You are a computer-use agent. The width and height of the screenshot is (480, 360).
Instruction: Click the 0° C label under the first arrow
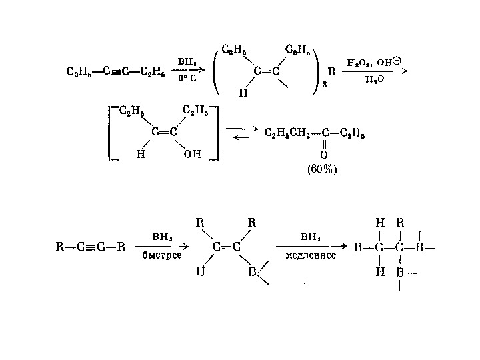click(186, 78)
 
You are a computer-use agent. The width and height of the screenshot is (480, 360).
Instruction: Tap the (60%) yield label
click(323, 169)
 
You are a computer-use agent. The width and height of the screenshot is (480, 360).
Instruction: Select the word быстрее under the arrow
click(163, 255)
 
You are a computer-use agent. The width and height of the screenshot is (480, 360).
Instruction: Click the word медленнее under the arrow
click(310, 255)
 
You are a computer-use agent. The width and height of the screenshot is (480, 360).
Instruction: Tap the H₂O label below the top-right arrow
click(375, 79)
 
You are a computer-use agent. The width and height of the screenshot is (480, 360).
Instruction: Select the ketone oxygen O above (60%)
click(323, 155)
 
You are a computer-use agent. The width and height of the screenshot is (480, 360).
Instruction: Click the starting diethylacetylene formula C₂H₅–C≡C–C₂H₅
click(115, 70)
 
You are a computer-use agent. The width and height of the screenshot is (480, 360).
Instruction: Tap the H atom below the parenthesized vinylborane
click(242, 93)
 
